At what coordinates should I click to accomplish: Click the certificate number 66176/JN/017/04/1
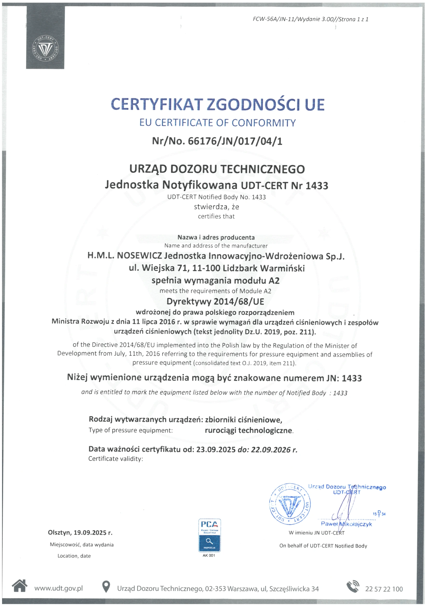(x=235, y=141)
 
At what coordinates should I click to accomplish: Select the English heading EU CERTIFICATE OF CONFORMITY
(x=217, y=123)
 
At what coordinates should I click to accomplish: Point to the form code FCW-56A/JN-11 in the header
(x=274, y=19)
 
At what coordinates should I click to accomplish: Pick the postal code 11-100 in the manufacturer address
(x=206, y=268)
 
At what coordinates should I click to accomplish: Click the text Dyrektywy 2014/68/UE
(x=215, y=302)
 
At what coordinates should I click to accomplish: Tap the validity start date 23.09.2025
(x=216, y=450)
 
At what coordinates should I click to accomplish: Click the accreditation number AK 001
(x=209, y=555)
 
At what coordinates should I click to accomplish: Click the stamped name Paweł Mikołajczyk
(x=346, y=524)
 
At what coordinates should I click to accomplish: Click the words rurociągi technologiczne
(x=248, y=431)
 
